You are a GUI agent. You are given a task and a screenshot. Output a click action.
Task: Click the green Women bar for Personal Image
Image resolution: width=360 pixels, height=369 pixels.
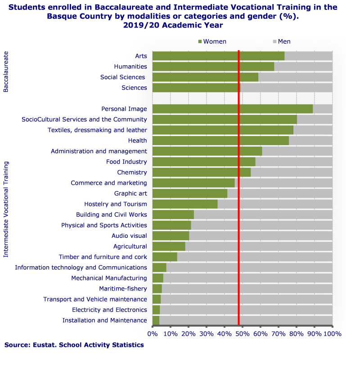pos(232,109)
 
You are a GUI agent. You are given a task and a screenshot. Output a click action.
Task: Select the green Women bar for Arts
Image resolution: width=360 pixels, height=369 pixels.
pos(218,56)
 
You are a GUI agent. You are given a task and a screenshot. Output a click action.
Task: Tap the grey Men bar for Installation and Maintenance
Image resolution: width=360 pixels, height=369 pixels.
pos(246,320)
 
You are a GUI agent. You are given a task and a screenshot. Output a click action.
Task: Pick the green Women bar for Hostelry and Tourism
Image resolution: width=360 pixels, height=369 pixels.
pos(185,204)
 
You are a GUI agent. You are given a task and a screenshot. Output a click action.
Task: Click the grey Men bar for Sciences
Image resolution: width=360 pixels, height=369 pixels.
pos(286,88)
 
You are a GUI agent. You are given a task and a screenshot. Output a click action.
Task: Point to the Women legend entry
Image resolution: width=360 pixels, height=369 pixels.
pos(212,41)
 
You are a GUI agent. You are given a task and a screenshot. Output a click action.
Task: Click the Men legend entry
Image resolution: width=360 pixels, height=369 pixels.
pos(282,41)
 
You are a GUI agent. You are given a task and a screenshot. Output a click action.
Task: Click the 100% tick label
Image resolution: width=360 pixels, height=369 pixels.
pos(333,334)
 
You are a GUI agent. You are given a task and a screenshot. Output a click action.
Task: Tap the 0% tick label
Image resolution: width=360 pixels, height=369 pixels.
pos(153,334)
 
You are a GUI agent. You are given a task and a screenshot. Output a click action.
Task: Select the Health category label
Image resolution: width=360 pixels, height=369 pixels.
pos(137,141)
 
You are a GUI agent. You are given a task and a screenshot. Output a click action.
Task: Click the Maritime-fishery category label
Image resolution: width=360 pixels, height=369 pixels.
pos(123,289)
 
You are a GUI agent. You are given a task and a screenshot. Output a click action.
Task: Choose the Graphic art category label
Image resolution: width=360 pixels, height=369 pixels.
pos(130,194)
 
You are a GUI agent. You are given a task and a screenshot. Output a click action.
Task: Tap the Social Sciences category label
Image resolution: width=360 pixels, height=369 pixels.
pos(123,77)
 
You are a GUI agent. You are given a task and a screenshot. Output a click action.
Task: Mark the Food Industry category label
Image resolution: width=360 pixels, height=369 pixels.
pos(126,162)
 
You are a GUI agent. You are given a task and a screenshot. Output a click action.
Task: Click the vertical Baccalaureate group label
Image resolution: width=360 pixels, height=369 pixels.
pos(6,72)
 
